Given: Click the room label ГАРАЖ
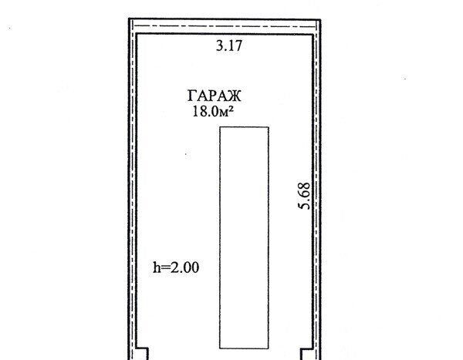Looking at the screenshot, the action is point(215,96).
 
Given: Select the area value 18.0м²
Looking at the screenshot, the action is point(213,112).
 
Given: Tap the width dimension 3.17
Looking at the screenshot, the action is point(229,45).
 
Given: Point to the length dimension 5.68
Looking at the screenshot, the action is point(305,196).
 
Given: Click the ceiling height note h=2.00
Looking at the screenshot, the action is point(176,267).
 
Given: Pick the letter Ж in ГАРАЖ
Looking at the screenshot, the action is point(233,96).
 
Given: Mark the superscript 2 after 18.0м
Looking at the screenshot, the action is point(231,109).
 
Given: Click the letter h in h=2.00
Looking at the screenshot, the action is point(156,267).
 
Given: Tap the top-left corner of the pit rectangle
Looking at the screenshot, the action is point(220,127).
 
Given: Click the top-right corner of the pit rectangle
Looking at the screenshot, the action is point(269,127).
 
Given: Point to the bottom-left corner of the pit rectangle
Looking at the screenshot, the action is point(220,348).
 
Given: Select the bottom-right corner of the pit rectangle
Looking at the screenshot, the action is point(269,348).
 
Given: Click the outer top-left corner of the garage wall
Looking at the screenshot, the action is point(129,19).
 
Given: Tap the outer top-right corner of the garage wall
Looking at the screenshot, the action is point(321,20).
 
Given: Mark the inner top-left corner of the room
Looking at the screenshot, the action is point(137,34).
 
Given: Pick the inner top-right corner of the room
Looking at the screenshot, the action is point(313,35).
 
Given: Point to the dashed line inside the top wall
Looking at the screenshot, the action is point(225,26).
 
